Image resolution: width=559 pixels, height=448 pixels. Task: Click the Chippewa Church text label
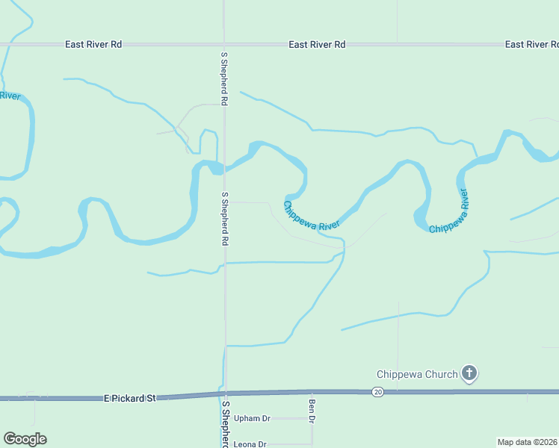tap(417, 374)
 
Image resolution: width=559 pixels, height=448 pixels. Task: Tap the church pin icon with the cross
tap(469, 373)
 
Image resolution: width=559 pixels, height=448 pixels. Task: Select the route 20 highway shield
tap(378, 392)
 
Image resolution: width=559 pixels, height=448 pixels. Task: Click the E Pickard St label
tap(130, 399)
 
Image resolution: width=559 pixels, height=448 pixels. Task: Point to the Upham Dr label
tap(250, 418)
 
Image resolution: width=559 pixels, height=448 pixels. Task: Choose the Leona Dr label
tap(250, 444)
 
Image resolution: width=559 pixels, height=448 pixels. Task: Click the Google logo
tap(25, 439)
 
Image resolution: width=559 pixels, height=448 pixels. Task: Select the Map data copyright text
tap(526, 442)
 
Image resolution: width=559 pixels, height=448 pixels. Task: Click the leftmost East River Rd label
tap(93, 45)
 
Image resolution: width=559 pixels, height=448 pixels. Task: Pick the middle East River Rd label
tap(318, 45)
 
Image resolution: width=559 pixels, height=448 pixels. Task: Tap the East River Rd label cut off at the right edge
tap(531, 45)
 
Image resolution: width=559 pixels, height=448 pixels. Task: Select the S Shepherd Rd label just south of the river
tap(224, 220)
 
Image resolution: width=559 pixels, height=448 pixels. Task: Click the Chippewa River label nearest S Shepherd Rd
tap(312, 216)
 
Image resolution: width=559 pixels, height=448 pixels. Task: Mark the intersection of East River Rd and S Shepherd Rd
tap(224, 45)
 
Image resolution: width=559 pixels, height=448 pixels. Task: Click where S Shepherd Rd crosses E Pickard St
tap(226, 393)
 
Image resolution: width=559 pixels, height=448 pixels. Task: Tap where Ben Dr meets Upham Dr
tap(312, 418)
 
